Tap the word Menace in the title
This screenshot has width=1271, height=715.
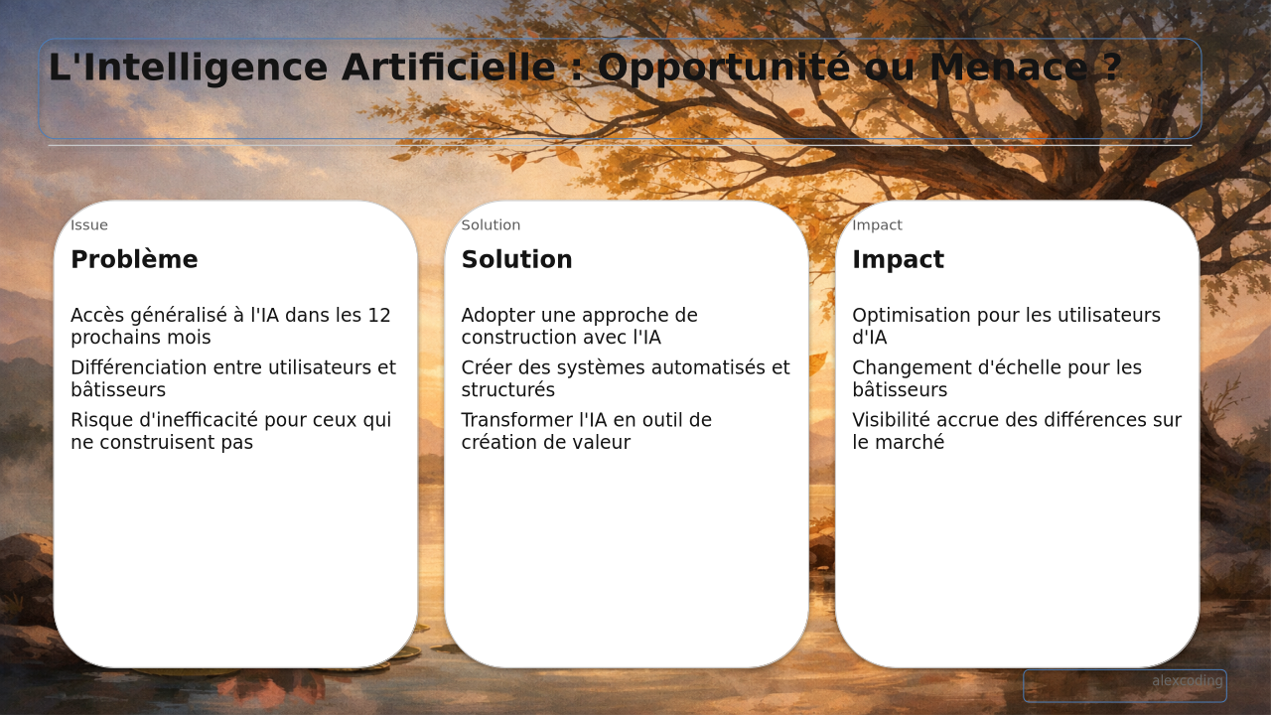point(1010,68)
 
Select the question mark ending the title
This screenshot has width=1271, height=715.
point(1111,68)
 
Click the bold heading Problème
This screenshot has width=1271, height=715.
point(134,259)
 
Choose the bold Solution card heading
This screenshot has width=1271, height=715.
point(517,259)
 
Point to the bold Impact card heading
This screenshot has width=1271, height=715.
point(899,260)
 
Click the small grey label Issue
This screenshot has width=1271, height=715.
point(89,225)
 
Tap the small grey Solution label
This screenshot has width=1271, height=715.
point(491,225)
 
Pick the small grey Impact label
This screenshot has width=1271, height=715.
point(877,225)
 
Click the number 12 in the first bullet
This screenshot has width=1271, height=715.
point(379,316)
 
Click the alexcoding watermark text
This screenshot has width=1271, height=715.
point(1187,681)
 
